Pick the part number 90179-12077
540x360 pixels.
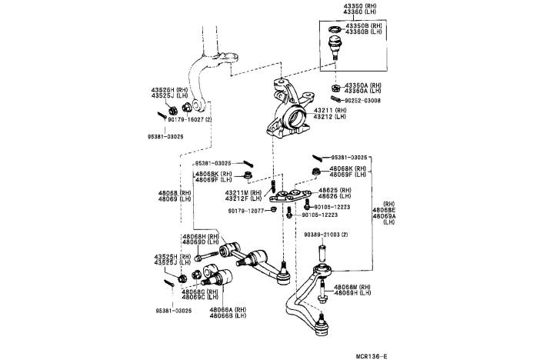pos(247,210)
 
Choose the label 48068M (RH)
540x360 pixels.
pos(353,287)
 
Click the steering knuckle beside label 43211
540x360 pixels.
pos(291,112)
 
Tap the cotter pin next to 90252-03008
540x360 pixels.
pos(335,100)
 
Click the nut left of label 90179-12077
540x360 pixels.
pos(275,210)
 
